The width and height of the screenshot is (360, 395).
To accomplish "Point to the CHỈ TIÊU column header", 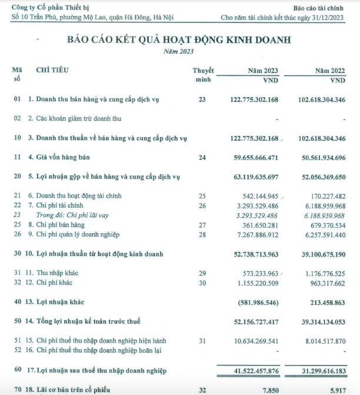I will coord(52,71).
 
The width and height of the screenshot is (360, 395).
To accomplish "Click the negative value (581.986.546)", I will coord(252,303).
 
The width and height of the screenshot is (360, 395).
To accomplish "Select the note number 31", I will coord(202,340).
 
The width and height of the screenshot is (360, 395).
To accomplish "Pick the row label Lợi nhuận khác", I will coord(61,303).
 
